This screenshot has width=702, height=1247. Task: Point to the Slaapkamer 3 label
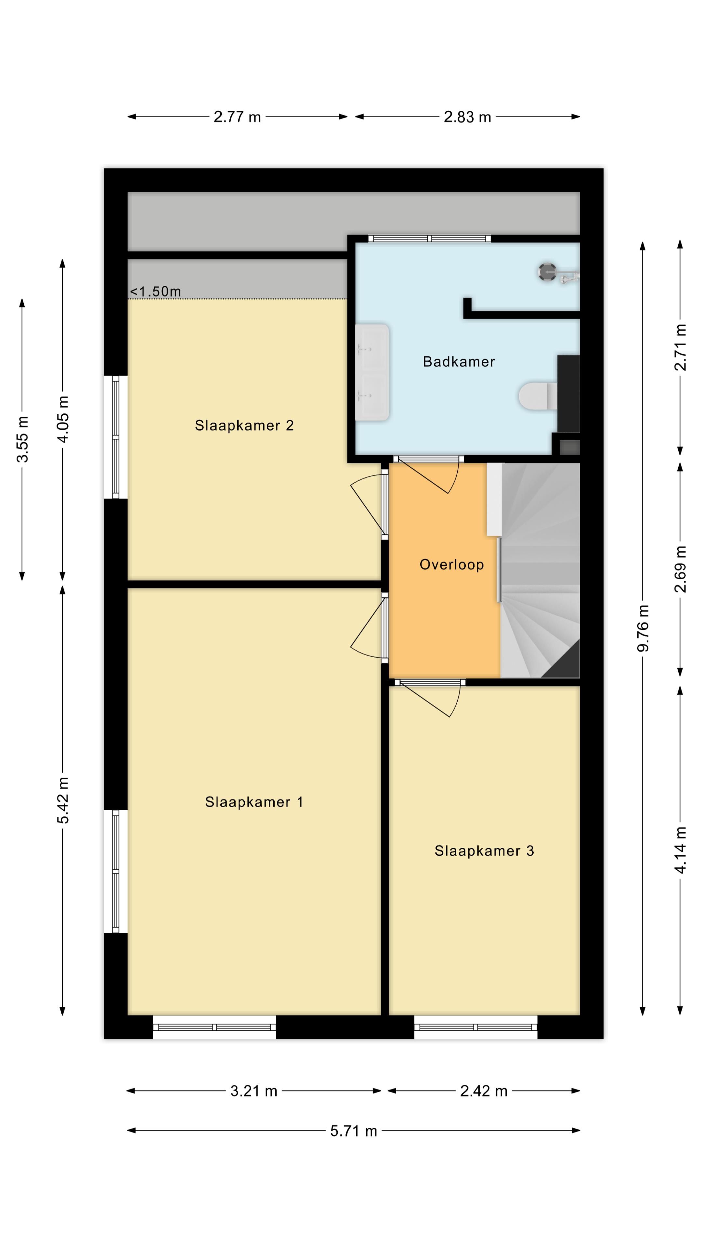[x=484, y=851]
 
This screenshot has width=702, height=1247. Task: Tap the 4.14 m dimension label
[x=680, y=850]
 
